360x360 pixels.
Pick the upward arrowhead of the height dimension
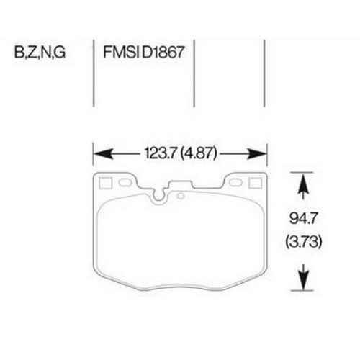tap(303, 186)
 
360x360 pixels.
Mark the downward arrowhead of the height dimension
tap(303, 275)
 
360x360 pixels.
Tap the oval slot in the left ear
tap(126, 184)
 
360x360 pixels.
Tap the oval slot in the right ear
tap(235, 184)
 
